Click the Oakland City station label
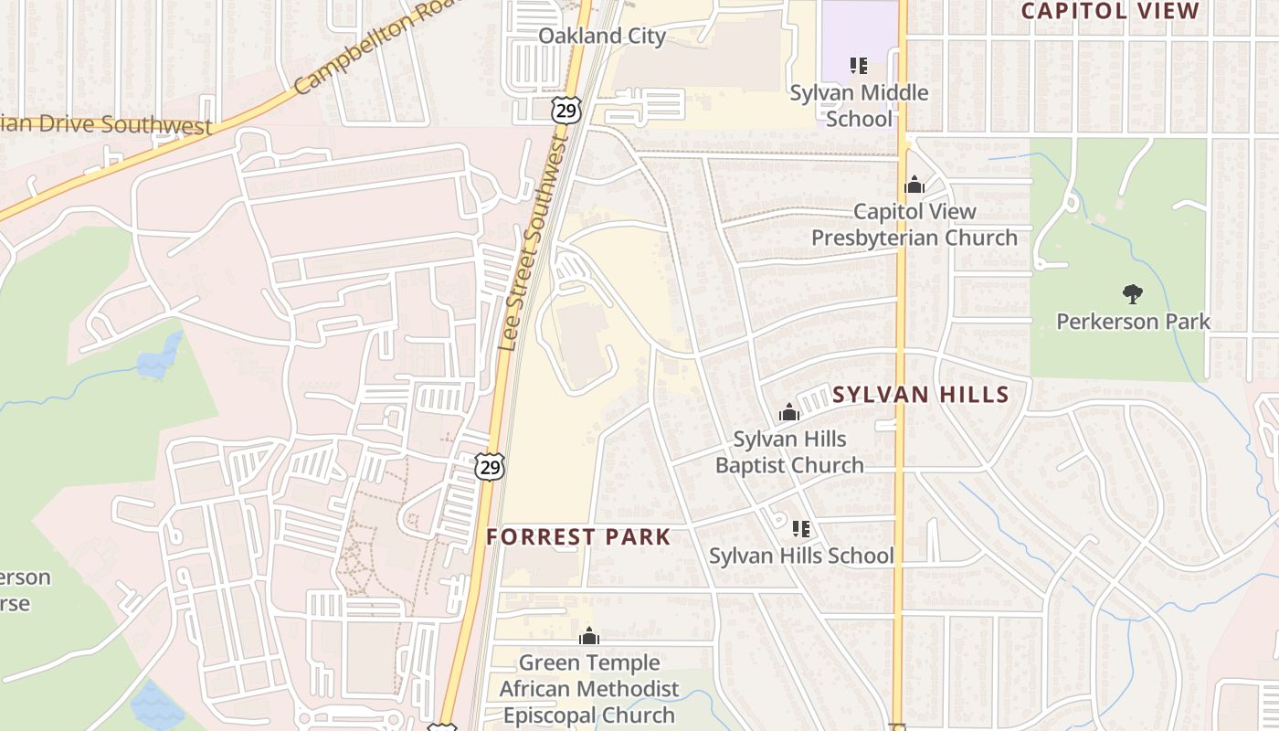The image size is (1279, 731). point(601,36)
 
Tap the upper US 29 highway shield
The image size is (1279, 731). point(566,111)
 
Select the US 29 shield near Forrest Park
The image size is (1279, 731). point(491,468)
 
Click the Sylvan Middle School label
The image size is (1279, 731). point(859,105)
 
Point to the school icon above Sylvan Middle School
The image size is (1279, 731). point(858,66)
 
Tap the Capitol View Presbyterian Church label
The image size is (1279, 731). point(914,224)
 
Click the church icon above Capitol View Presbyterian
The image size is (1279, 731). point(914,185)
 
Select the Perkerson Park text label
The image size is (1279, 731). point(1133,322)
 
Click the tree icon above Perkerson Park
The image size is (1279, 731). point(1133,294)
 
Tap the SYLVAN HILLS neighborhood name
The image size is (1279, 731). point(921,395)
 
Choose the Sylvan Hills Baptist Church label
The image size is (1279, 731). point(789,452)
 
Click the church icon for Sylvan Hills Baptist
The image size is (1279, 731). point(789,413)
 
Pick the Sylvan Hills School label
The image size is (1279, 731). point(801,556)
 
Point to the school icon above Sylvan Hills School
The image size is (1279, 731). point(801,528)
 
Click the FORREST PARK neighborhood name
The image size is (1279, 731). point(579,537)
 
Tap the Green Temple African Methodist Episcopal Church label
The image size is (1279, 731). point(589,688)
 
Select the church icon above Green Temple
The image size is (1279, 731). point(589,636)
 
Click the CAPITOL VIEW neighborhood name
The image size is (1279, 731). point(1110,11)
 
